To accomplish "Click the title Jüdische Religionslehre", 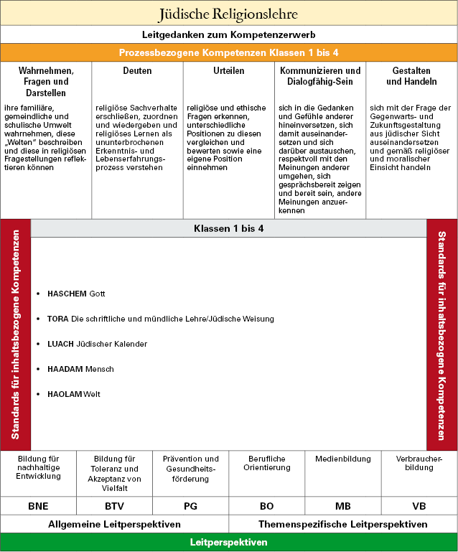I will pos(228,14).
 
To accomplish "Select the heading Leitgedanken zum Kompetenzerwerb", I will pos(228,34).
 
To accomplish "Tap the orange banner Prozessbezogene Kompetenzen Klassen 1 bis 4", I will pos(228,53).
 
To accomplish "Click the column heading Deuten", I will pos(137,71).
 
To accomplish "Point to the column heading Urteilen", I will pos(228,71).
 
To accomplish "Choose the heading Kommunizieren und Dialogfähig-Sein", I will pos(320,76).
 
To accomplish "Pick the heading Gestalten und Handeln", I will pos(411,76).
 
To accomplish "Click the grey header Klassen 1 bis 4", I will pos(228,228).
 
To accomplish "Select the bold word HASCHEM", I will pos(67,294).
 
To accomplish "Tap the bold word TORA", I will pos(57,319).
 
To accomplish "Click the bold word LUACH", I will pos(60,344).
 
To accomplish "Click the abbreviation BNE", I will pos(38,505).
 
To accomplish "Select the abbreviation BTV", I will pos(114,505).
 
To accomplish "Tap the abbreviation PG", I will pos(190,505).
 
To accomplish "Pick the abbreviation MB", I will pos(343,505).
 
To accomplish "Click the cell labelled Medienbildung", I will pos(343,459).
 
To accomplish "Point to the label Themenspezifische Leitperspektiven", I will pos(343,524).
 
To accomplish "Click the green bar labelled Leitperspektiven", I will pos(228,543).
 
